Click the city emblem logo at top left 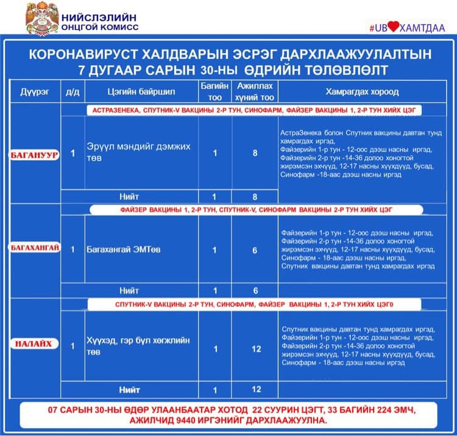(x=41, y=18)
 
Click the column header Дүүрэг (x=35, y=92)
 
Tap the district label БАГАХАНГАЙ (x=35, y=249)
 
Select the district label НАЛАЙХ (x=35, y=345)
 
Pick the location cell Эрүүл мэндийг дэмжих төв (x=138, y=152)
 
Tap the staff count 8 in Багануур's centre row (x=255, y=153)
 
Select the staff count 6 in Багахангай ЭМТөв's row (x=255, y=250)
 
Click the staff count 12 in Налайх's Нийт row (x=256, y=389)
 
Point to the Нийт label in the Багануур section (x=130, y=197)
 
